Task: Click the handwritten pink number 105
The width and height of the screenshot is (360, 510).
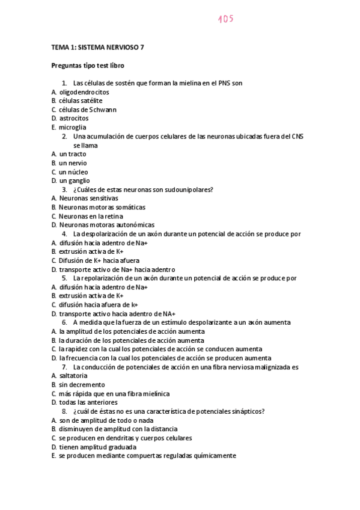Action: (225, 19)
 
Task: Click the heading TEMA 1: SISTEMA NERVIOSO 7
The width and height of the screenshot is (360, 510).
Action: (97, 46)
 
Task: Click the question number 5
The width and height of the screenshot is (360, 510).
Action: (64, 278)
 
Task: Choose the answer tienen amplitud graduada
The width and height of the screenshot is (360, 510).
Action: (97, 447)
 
